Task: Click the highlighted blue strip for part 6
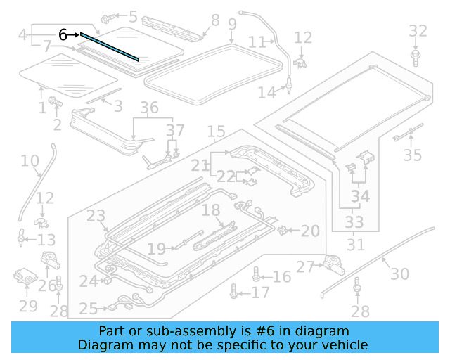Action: tap(109, 46)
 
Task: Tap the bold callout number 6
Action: tap(63, 34)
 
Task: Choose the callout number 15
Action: tap(216, 131)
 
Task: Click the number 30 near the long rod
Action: tap(399, 273)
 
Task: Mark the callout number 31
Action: tap(356, 245)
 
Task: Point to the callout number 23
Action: tap(96, 215)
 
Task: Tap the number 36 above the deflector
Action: tap(149, 108)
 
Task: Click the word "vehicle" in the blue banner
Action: tap(342, 345)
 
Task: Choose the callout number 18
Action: tap(211, 210)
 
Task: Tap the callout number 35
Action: tap(413, 155)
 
